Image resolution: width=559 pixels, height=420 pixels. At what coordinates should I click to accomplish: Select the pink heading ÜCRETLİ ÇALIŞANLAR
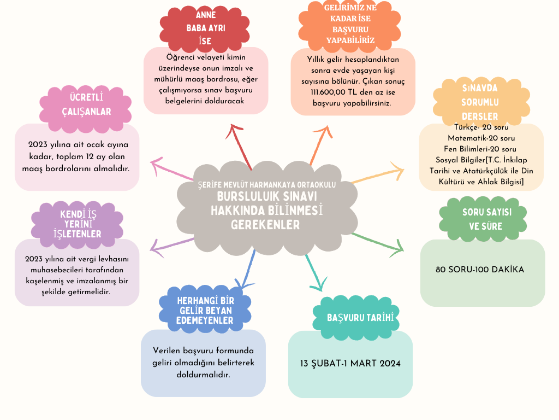click(90, 104)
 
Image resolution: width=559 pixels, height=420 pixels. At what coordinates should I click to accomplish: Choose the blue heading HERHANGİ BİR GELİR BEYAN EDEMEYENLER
click(205, 311)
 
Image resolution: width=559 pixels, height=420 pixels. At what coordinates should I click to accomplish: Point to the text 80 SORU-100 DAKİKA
click(480, 270)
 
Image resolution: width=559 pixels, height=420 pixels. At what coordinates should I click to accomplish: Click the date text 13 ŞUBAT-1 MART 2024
click(350, 364)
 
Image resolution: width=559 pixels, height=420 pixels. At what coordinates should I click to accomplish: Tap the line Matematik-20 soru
click(481, 137)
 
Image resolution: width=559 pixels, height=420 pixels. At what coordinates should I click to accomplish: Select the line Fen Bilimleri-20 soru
click(481, 148)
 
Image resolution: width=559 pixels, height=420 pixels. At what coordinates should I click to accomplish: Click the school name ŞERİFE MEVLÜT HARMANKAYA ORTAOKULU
click(266, 185)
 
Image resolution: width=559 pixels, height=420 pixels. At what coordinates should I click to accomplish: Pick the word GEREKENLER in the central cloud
click(265, 225)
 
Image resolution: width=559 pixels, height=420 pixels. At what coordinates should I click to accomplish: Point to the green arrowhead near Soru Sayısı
click(400, 248)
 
